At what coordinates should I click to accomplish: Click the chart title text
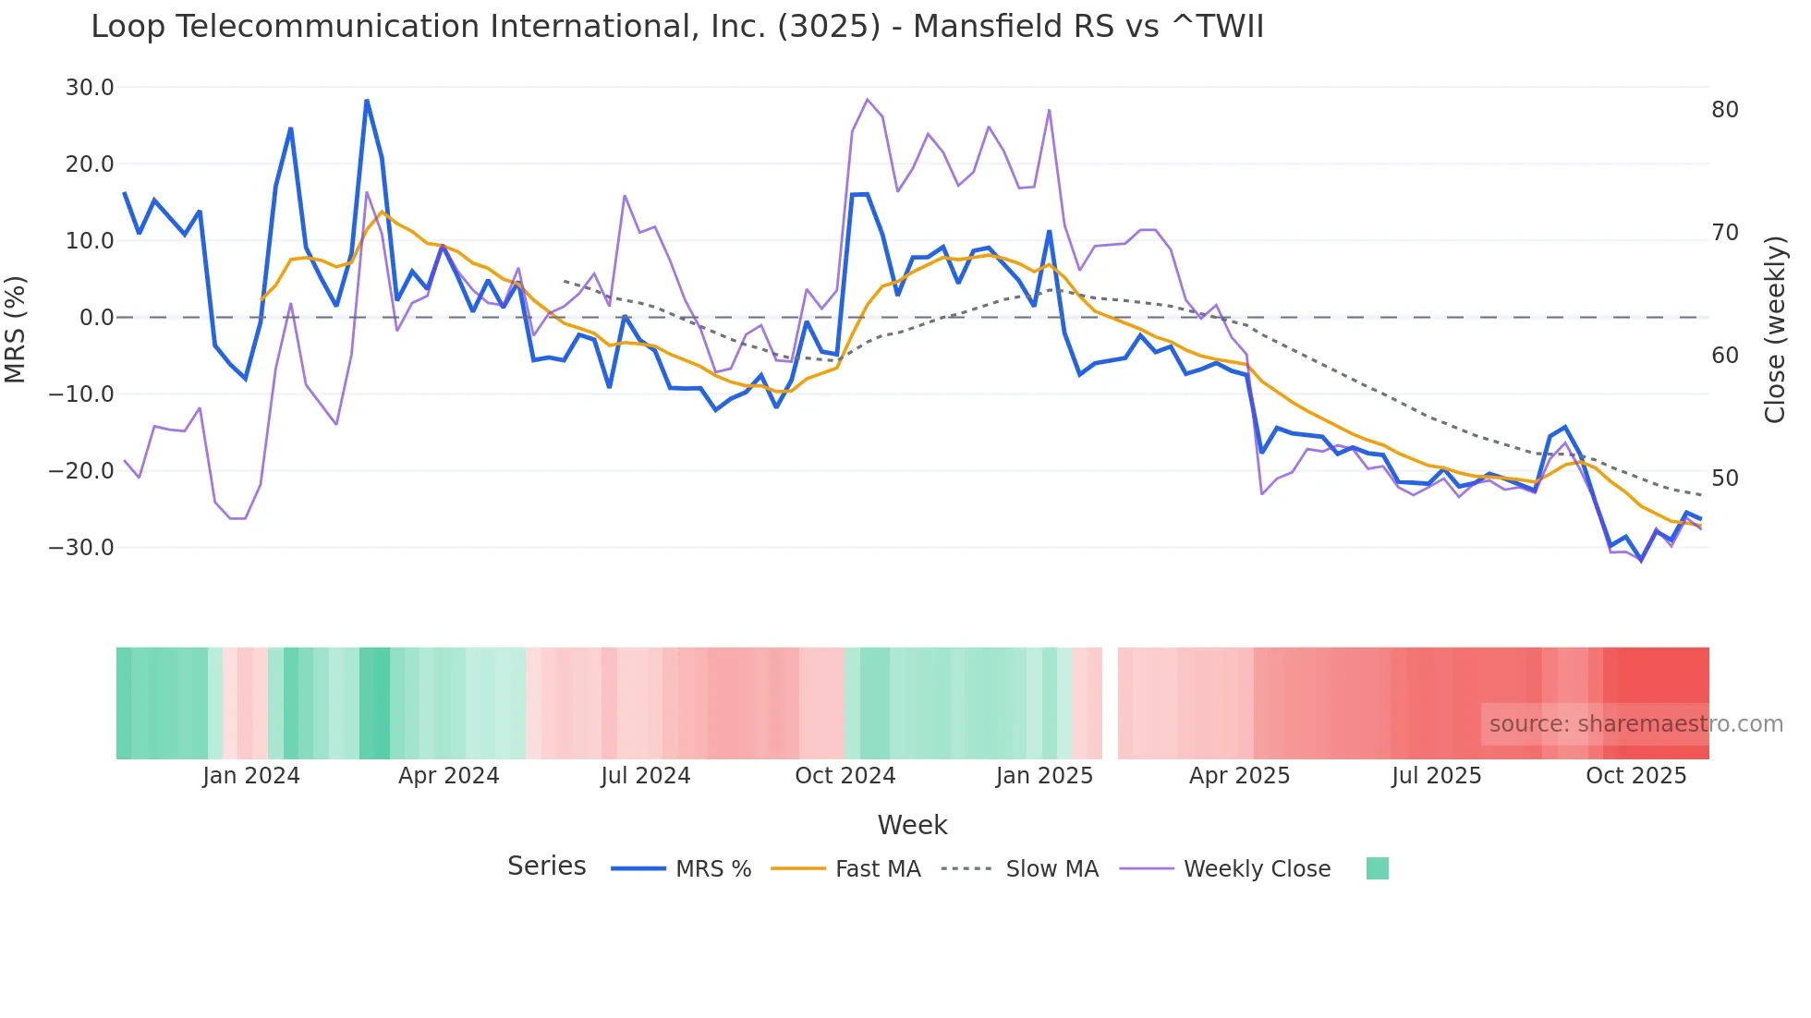tap(676, 27)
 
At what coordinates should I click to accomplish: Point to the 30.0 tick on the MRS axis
tap(90, 88)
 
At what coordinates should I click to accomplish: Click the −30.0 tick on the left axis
tap(81, 548)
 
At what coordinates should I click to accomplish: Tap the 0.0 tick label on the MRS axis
tap(96, 318)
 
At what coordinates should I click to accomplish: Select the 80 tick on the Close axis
tap(1724, 110)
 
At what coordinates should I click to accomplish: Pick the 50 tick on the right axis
tap(1724, 479)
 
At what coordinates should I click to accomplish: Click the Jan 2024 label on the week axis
tap(251, 776)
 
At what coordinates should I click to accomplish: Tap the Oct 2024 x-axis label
tap(845, 776)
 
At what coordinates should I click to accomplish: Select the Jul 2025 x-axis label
tap(1436, 776)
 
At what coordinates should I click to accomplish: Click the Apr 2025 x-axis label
tap(1239, 776)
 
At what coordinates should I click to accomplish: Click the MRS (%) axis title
tap(16, 329)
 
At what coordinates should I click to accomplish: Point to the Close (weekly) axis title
tap(1775, 330)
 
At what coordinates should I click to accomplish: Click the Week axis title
tap(912, 825)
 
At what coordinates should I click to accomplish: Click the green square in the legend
tap(1377, 868)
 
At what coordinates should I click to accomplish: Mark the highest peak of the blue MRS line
tap(367, 101)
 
